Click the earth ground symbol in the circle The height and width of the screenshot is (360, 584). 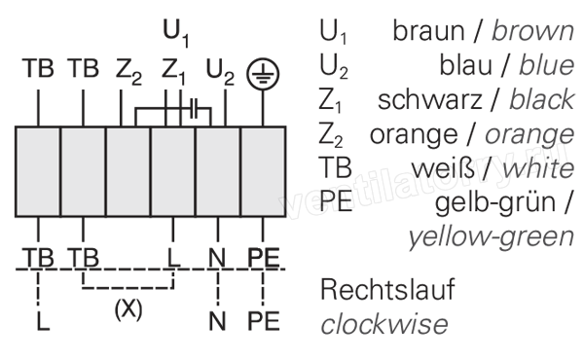(263, 74)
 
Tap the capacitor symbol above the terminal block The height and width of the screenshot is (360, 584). (194, 109)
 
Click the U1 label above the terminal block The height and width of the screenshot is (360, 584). (176, 33)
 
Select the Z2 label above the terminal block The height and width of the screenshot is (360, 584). (128, 72)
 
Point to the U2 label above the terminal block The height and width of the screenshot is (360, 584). (220, 72)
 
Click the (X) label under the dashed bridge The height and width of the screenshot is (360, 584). (128, 309)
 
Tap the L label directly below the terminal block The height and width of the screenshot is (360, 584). (173, 258)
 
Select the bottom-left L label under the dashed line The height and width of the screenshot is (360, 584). (43, 321)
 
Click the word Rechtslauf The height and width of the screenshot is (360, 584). (387, 289)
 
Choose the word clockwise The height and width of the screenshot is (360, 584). (384, 325)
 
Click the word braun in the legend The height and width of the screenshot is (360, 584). (428, 31)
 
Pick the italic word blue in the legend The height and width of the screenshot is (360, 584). (547, 65)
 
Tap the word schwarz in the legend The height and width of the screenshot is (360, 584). (430, 100)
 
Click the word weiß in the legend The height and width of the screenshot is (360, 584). (443, 168)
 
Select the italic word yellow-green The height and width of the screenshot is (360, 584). (492, 237)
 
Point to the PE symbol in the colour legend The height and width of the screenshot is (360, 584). (336, 201)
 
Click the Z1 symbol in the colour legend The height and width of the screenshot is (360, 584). (330, 100)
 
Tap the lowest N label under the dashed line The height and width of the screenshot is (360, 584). (217, 321)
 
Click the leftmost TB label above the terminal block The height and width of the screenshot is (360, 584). (38, 68)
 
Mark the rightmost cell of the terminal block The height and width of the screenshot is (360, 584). (264, 171)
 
